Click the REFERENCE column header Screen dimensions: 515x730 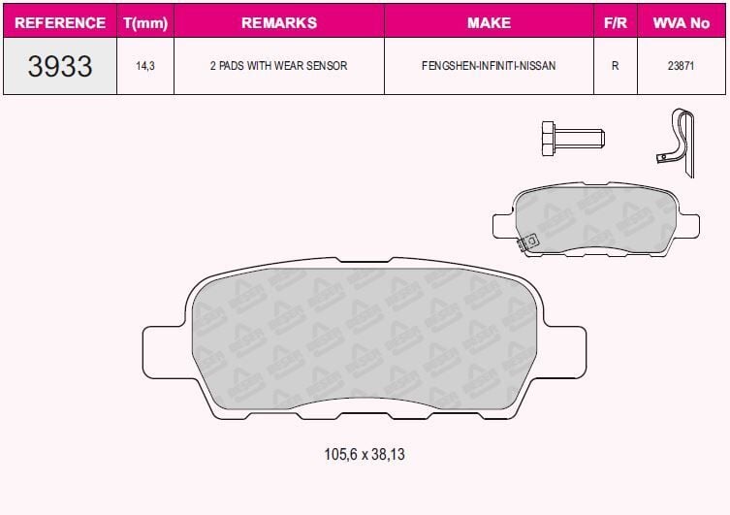(x=60, y=21)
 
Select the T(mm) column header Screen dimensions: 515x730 (x=144, y=21)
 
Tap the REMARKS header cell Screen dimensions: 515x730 (x=278, y=21)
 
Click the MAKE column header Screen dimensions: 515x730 (x=489, y=21)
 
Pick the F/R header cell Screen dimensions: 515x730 (x=615, y=21)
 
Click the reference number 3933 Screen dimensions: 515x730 (x=60, y=66)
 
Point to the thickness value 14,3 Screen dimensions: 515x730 (x=144, y=67)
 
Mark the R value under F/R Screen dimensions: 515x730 (x=615, y=67)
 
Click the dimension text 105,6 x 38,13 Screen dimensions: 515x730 (x=365, y=454)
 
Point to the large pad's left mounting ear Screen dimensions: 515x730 (x=163, y=351)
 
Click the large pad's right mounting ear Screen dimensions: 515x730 (x=567, y=351)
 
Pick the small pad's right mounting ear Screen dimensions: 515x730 (x=686, y=225)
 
